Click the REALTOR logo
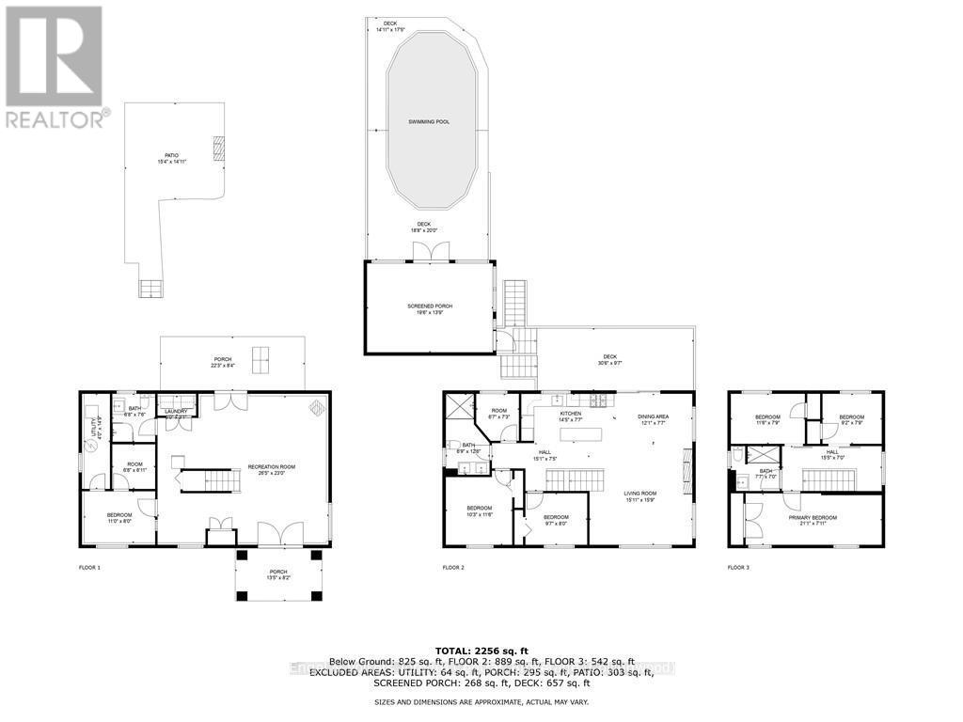55,66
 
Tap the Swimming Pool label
428,122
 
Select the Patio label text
171,158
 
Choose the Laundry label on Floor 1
177,412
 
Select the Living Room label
639,495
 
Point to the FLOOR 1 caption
89,568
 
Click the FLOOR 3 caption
740,568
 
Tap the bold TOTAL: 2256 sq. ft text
481,650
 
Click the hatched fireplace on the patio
218,148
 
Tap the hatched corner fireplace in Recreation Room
318,407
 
